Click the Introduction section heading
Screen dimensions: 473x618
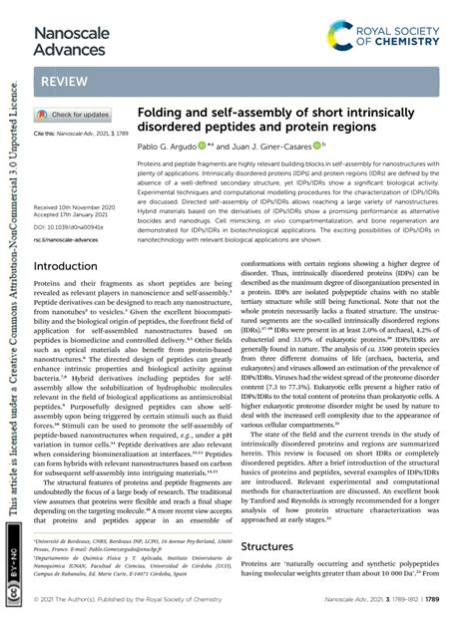tap(73, 266)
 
